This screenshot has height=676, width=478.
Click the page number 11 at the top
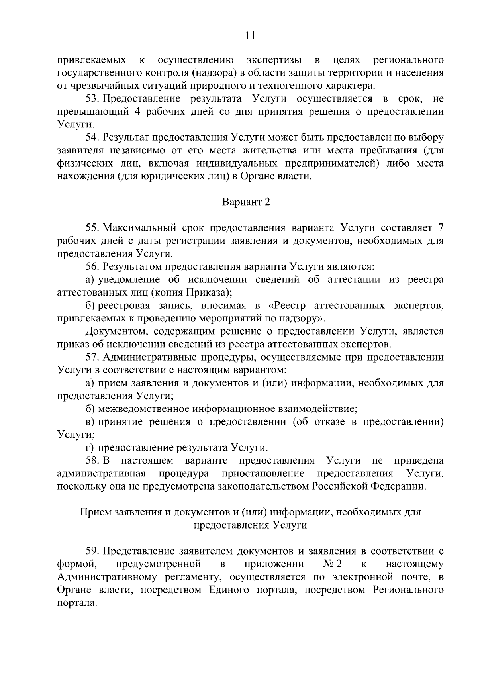point(250,35)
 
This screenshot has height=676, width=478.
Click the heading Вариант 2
point(246,202)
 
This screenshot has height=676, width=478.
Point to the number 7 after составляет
point(440,228)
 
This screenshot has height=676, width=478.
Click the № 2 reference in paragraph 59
point(333,564)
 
